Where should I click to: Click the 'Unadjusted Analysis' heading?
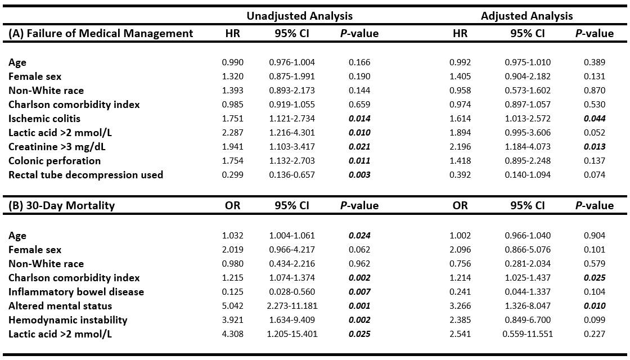pos(299,16)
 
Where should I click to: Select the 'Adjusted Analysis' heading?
pos(526,16)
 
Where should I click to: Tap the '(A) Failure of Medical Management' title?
pos(101,33)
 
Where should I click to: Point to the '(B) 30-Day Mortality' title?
pos(61,205)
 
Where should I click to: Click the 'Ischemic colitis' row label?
pos(44,119)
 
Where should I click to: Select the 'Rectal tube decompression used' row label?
pos(85,175)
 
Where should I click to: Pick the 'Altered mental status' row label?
pos(60,306)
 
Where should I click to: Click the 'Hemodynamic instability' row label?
pos(68,320)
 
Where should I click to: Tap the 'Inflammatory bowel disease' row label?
pos(76,292)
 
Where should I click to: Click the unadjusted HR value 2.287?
pos(233,133)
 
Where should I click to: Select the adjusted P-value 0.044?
pos(595,119)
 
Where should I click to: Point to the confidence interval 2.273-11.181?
pos(292,306)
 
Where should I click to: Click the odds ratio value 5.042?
pos(233,306)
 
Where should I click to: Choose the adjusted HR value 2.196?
pos(460,147)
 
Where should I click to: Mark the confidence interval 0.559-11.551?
pos(528,334)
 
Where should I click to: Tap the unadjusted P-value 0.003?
pos(359,175)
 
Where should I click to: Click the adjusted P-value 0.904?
pos(595,236)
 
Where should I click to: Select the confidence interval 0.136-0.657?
pos(292,175)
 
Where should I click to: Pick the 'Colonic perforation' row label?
pos(55,161)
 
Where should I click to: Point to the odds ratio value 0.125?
pos(233,292)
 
